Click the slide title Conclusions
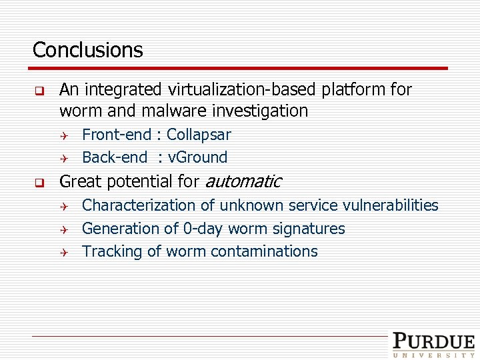click(87, 50)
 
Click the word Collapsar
click(199, 135)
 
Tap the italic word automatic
click(243, 181)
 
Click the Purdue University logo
click(433, 345)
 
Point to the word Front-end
click(117, 135)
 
